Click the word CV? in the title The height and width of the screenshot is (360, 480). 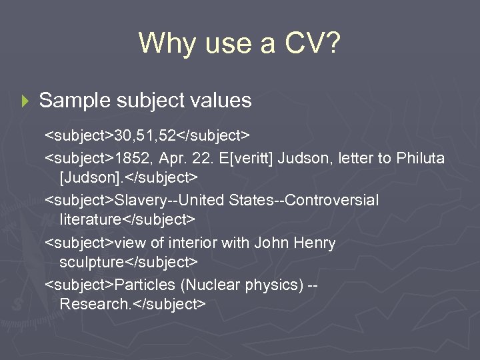click(x=311, y=43)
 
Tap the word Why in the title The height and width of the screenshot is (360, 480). click(x=163, y=43)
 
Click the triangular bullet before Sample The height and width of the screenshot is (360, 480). click(x=26, y=101)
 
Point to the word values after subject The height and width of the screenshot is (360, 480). click(x=221, y=101)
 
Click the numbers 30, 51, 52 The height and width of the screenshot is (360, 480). click(x=145, y=137)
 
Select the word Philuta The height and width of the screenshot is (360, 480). click(x=421, y=159)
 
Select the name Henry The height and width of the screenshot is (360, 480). click(x=315, y=243)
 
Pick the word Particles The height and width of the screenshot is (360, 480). click(x=143, y=285)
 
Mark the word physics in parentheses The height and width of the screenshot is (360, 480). click(x=271, y=285)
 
